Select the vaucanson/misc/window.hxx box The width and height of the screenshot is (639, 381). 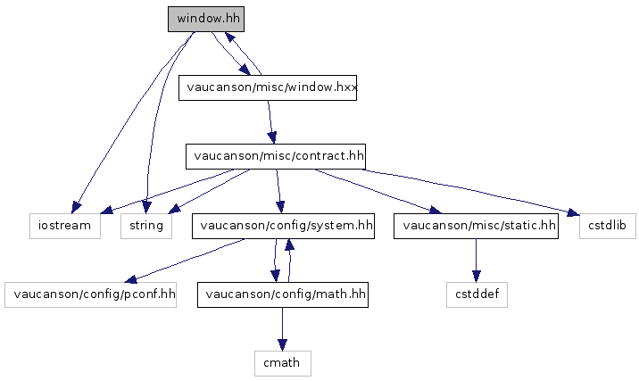268,88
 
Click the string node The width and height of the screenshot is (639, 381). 146,226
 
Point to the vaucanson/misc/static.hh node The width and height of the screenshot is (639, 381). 479,226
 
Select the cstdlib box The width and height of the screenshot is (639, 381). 609,226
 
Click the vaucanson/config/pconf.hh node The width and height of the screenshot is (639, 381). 89,294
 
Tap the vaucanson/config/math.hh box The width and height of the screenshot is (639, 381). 283,294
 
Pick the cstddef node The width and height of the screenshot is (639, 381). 477,294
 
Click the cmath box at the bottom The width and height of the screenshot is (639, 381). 282,362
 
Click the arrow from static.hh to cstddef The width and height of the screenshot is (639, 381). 477,260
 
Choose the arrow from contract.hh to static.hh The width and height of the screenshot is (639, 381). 375,190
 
